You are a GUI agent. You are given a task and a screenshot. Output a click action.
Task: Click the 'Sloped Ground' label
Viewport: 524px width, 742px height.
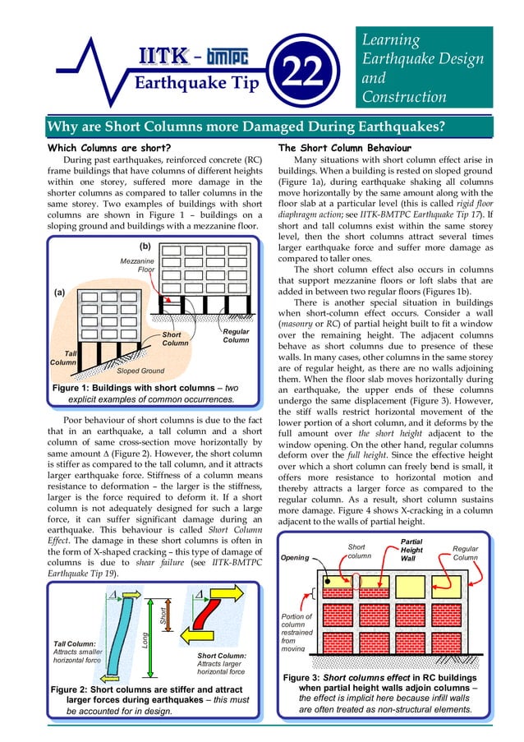140,371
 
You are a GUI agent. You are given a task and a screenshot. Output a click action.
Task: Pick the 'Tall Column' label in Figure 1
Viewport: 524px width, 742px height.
64,357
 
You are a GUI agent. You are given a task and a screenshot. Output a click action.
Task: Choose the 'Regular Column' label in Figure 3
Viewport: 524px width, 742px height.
471,552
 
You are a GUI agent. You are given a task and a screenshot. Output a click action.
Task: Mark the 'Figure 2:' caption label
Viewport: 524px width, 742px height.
76,689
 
